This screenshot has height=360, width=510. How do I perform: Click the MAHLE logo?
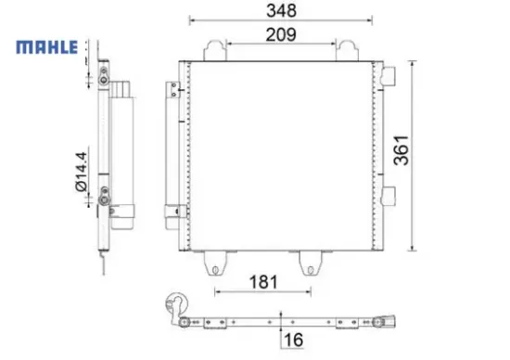(47, 47)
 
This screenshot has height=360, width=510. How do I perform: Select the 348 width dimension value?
(281, 10)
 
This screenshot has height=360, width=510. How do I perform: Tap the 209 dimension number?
(281, 34)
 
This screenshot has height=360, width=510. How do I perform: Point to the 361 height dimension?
(401, 150)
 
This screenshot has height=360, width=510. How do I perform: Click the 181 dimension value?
(263, 282)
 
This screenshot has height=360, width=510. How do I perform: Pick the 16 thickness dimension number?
(293, 340)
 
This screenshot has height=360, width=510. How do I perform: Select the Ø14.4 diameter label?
(81, 172)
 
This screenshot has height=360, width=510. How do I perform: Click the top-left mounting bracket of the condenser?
(215, 50)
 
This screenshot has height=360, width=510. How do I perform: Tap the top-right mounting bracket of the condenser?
(347, 50)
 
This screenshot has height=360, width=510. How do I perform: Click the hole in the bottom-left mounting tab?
(215, 270)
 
